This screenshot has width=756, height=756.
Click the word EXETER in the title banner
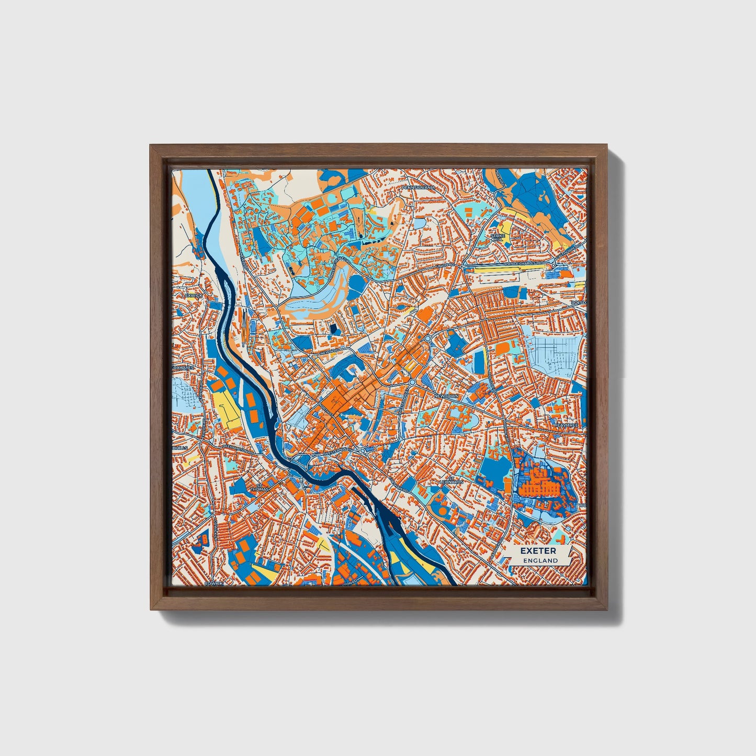click(x=538, y=551)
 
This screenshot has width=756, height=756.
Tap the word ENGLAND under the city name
click(x=538, y=560)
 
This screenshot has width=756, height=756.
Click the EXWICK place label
click(x=193, y=295)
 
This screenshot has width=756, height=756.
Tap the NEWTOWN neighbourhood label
click(x=446, y=396)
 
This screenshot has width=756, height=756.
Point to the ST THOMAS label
click(x=260, y=489)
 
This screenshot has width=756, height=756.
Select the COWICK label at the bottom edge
click(x=213, y=582)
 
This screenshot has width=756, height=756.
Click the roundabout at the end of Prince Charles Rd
click(x=553, y=266)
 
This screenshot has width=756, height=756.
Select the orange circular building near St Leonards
click(x=443, y=509)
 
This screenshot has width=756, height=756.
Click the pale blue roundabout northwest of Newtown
click(x=427, y=338)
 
